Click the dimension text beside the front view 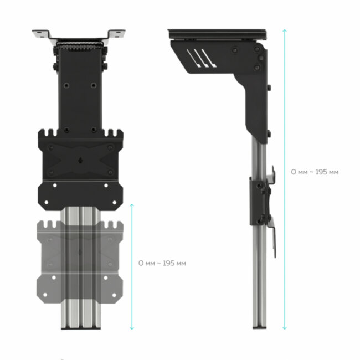click(x=162, y=263)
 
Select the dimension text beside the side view click(x=315, y=172)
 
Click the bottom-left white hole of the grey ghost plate click(x=54, y=277)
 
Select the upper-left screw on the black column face click(x=66, y=85)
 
